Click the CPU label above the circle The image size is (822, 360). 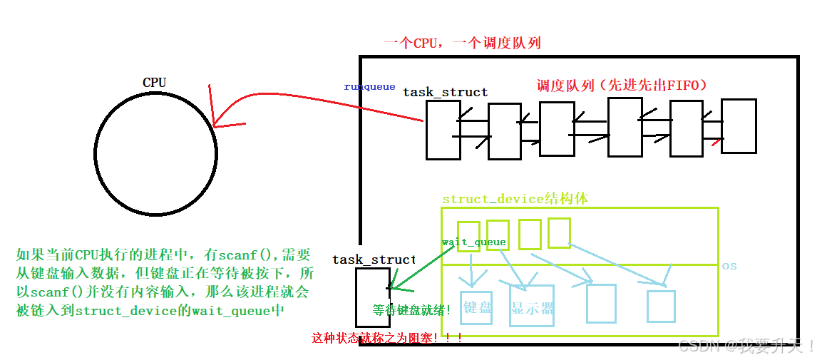tap(154, 83)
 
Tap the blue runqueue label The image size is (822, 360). tap(369, 87)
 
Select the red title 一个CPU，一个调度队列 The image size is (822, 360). tap(462, 43)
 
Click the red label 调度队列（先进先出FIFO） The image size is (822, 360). tap(621, 86)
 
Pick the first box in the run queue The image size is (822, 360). tap(443, 129)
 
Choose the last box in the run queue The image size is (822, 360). tap(738, 126)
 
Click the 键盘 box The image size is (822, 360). tap(476, 308)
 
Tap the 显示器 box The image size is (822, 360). tap(532, 306)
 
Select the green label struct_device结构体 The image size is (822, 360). tap(515, 199)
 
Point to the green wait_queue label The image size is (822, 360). tap(473, 242)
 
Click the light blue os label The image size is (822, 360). tap(729, 266)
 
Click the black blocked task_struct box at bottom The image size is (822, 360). tap(373, 297)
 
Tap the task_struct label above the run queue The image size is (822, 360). tap(445, 93)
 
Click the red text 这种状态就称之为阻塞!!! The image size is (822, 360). tap(387, 338)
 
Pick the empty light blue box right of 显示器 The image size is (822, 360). tap(601, 304)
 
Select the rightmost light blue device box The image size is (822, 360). tap(661, 305)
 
